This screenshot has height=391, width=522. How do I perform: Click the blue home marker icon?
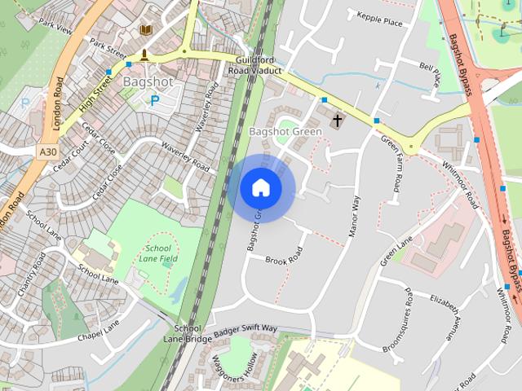[260, 188]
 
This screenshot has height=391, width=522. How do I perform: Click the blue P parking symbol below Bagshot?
[154, 100]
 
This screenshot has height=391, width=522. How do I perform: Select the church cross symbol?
[337, 121]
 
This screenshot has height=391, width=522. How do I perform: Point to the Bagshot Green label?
[285, 131]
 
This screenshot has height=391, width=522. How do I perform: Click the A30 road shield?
[47, 152]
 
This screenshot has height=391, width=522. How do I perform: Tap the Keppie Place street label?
[375, 18]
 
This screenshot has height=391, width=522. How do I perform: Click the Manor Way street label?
[355, 216]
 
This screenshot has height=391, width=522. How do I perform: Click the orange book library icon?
[146, 30]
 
